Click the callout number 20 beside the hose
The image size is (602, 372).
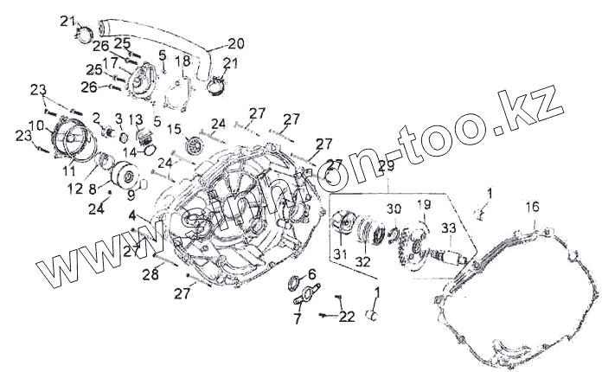pyautogui.click(x=235, y=43)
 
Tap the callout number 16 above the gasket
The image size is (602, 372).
pyautogui.click(x=532, y=207)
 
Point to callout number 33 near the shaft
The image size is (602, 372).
pyautogui.click(x=448, y=228)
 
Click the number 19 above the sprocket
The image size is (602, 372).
pyautogui.click(x=424, y=205)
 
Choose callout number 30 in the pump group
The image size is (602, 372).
pyautogui.click(x=394, y=209)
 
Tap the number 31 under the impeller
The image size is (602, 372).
pyautogui.click(x=340, y=253)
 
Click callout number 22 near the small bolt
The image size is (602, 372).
pyautogui.click(x=347, y=317)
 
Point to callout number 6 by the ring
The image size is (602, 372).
pyautogui.click(x=311, y=274)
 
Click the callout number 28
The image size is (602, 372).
pyautogui.click(x=150, y=275)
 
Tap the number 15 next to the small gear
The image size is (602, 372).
pyautogui.click(x=174, y=130)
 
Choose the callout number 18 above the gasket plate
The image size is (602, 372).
pyautogui.click(x=183, y=61)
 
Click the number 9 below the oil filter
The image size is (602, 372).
pyautogui.click(x=131, y=195)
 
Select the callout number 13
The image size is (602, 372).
pyautogui.click(x=136, y=119)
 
